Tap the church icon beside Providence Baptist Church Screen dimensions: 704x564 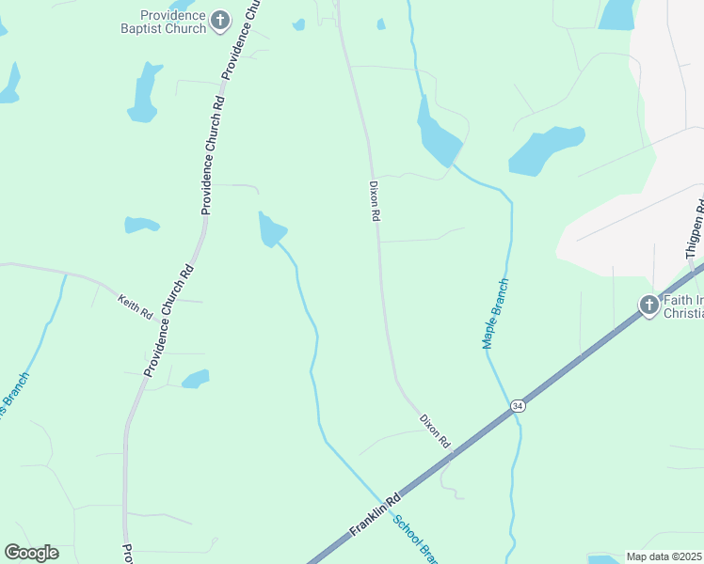[220, 21]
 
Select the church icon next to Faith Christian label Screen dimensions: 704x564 [648, 305]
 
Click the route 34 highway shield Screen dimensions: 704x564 [518, 405]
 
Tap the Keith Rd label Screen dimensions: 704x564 [135, 306]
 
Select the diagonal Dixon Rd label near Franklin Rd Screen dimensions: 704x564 [435, 430]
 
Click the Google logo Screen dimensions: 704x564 [31, 553]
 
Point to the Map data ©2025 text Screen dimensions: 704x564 [664, 556]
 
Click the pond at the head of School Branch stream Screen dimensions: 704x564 [271, 229]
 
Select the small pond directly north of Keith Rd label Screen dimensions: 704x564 [141, 225]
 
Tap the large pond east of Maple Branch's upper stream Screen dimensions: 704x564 [546, 150]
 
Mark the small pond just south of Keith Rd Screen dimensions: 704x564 [196, 379]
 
